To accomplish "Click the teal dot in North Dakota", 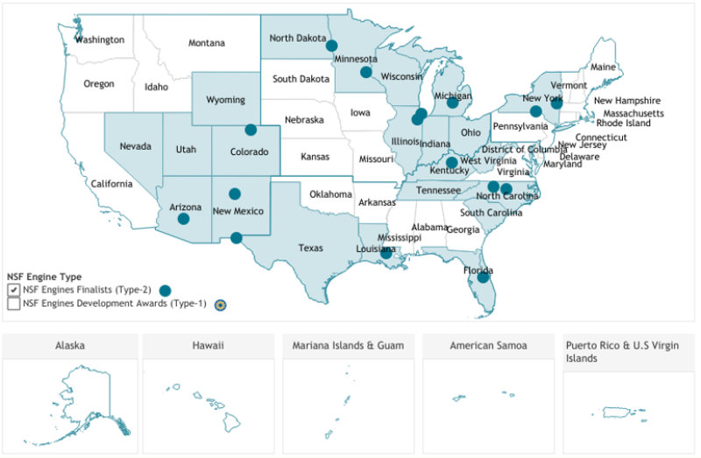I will coord(332,45).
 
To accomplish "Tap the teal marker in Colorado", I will coord(251,130).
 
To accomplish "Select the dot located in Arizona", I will coord(183,219).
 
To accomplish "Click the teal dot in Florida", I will coord(483,278).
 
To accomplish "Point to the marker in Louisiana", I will coord(386,253).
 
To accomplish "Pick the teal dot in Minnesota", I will coord(365,72).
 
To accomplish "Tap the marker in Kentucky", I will coord(451,162).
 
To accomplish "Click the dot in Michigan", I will coord(452,102).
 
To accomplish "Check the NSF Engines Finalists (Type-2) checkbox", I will coord(13,290).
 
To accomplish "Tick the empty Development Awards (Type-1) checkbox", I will coord(13,304).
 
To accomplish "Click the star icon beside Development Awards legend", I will coord(221,305).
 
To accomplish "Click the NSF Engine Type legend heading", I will coord(44,277).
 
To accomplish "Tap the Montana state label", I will coord(207,43).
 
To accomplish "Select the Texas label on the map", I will coord(310,248).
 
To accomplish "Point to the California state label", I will coord(111,184).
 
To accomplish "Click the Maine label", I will coord(603,67).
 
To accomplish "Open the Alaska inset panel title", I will coord(69,346).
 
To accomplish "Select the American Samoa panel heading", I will coord(488,346).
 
